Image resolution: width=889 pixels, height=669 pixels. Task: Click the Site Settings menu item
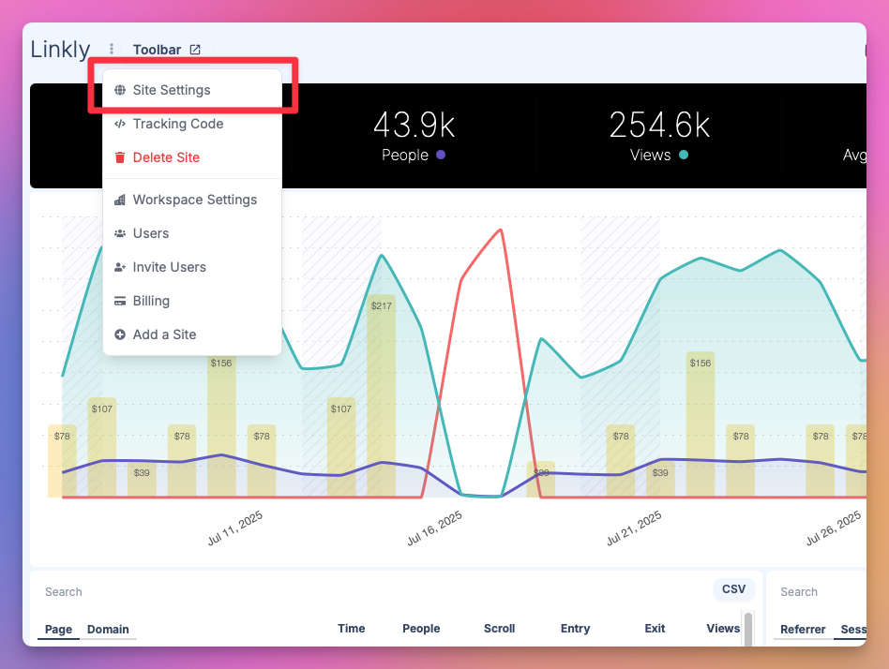tap(171, 91)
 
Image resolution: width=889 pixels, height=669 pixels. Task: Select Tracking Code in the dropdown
tap(177, 124)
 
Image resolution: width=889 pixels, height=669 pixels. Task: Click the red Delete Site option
tap(166, 157)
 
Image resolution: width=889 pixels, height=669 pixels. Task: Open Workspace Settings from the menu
tap(194, 200)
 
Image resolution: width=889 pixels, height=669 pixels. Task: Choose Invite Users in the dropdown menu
tap(169, 267)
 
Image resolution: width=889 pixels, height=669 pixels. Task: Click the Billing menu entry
tap(151, 301)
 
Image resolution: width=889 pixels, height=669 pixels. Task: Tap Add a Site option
tap(164, 334)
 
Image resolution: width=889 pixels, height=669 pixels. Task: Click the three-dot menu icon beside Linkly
tap(112, 50)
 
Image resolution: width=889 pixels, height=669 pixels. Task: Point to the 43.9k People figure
tap(414, 126)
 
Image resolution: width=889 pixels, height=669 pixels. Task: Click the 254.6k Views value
tap(659, 126)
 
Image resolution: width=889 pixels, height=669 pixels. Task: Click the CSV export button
tap(733, 589)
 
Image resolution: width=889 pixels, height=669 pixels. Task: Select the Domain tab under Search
tap(108, 630)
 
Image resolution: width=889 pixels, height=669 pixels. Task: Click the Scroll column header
tap(499, 629)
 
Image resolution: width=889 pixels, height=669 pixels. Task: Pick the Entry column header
tap(575, 629)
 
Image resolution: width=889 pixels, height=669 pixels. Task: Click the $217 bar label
tap(381, 306)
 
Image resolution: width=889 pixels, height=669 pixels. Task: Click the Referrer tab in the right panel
tap(803, 630)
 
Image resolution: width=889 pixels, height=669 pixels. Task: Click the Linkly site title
tap(60, 50)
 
